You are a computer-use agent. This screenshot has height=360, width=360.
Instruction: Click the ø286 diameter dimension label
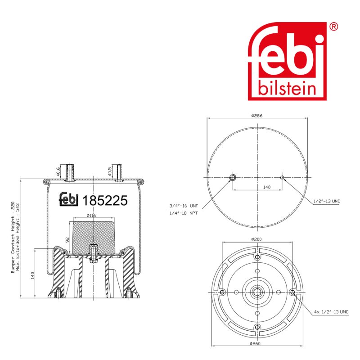(x=256, y=116)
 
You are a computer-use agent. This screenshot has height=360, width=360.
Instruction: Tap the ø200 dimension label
(x=256, y=239)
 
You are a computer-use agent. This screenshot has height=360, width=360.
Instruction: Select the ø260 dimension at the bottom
(x=255, y=343)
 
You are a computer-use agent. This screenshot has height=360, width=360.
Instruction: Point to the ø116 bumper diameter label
(x=91, y=216)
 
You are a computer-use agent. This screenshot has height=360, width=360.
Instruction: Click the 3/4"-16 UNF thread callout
(x=184, y=206)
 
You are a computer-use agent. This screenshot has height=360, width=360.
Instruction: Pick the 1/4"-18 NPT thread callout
(x=184, y=213)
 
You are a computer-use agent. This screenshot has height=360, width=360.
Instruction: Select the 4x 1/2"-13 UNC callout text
(x=331, y=312)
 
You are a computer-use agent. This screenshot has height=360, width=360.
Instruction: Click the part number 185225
(x=105, y=200)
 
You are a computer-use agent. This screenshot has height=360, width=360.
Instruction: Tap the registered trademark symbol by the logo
(x=333, y=27)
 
